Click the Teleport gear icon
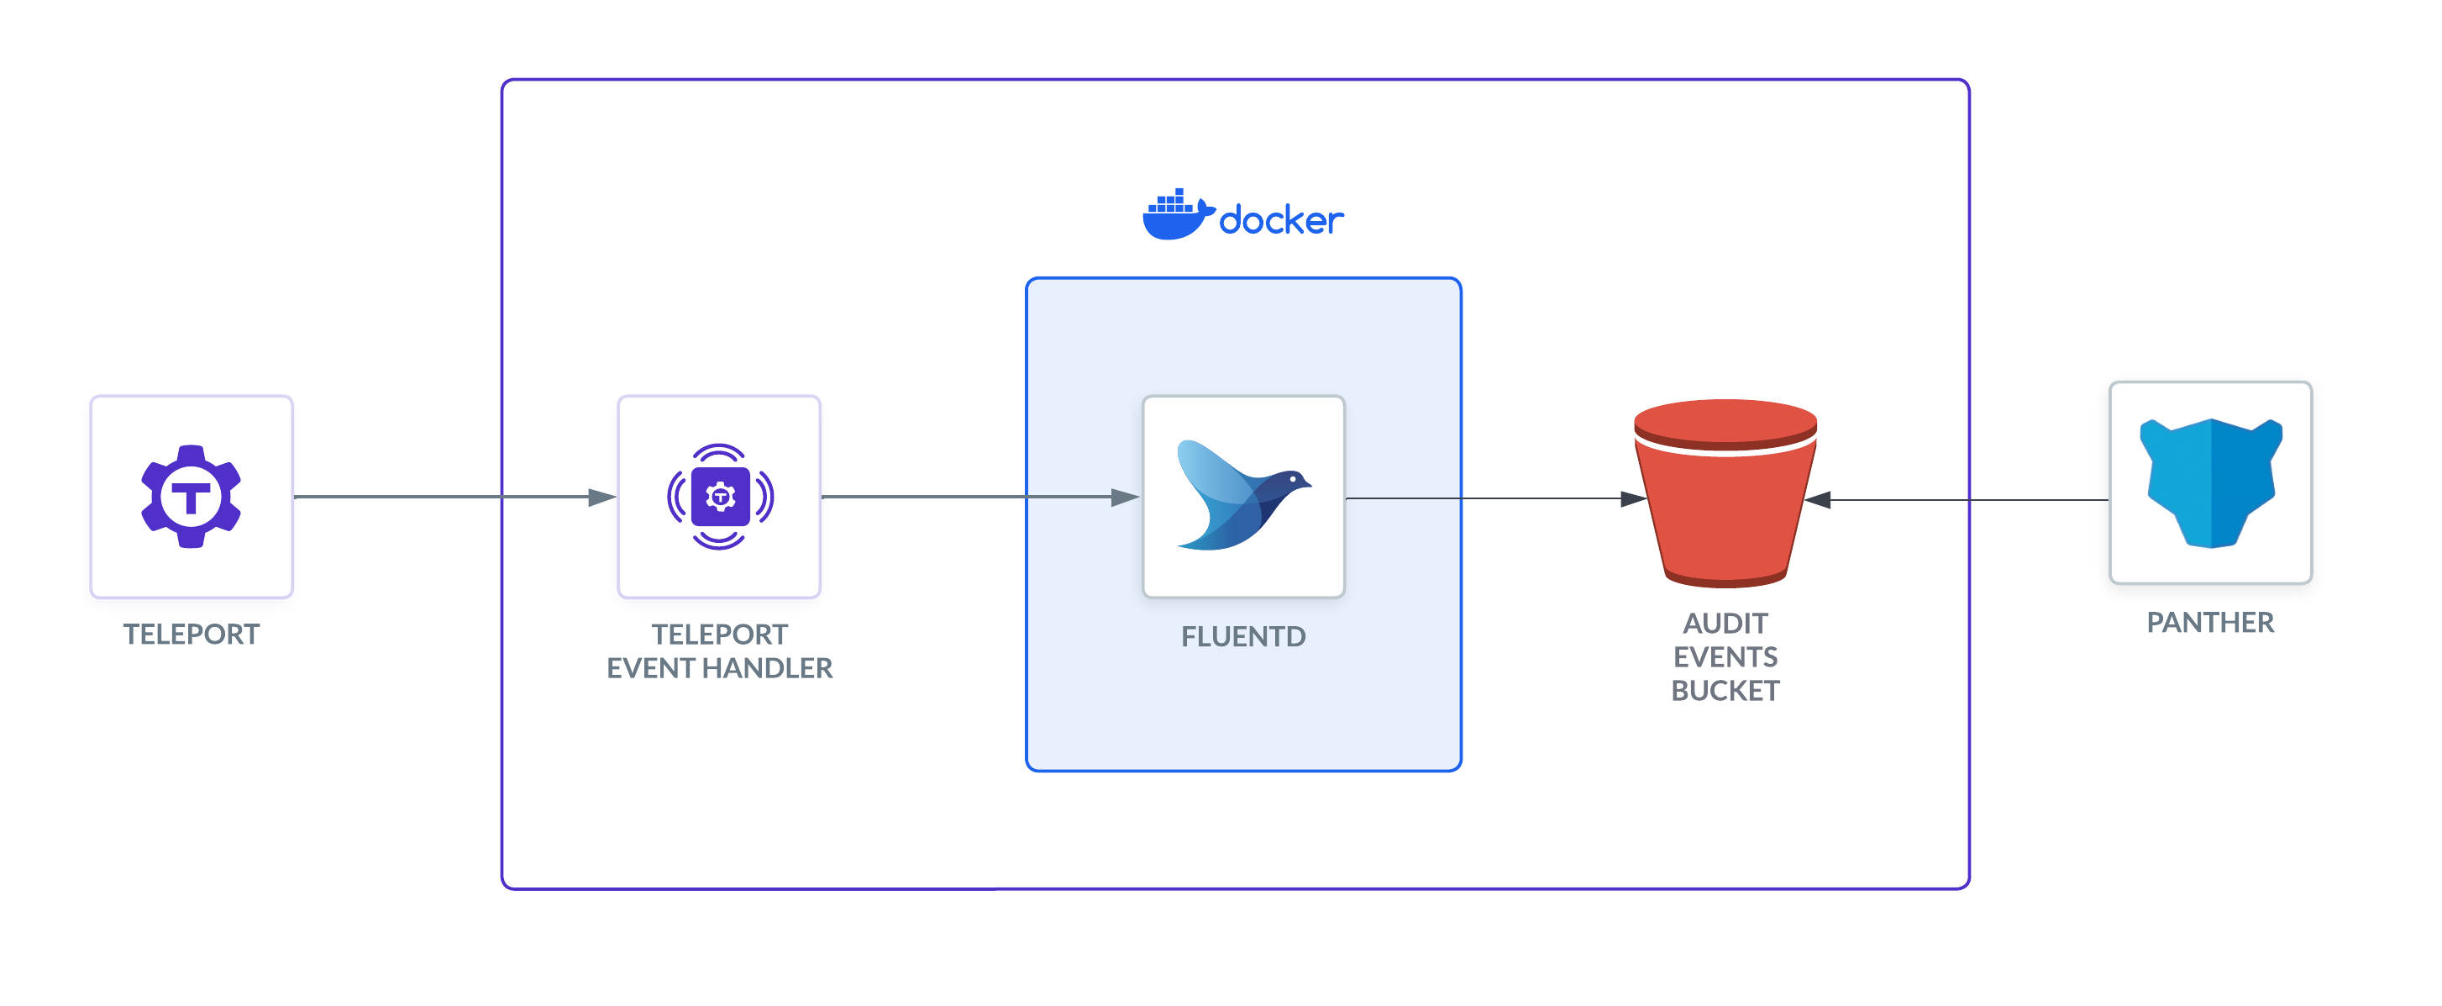(191, 496)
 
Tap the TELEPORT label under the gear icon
(191, 634)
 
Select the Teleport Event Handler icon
(720, 496)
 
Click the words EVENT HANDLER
(720, 668)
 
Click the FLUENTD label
(1242, 636)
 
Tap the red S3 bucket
(1725, 493)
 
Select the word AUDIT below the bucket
(1725, 623)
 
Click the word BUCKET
(1725, 690)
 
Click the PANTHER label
(2210, 622)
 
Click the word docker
(1281, 221)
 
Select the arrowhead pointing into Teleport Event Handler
(602, 497)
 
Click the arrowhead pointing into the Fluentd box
(1126, 497)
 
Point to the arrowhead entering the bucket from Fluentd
(1632, 498)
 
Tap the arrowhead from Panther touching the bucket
(1818, 500)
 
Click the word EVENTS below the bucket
(1725, 656)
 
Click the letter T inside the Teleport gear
(191, 497)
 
